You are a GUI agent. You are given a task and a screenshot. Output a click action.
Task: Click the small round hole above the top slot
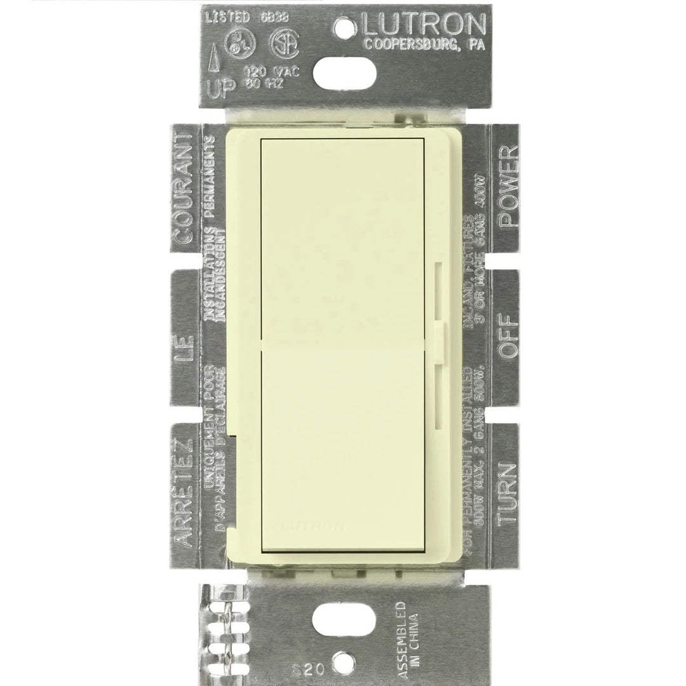coord(344,27)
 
